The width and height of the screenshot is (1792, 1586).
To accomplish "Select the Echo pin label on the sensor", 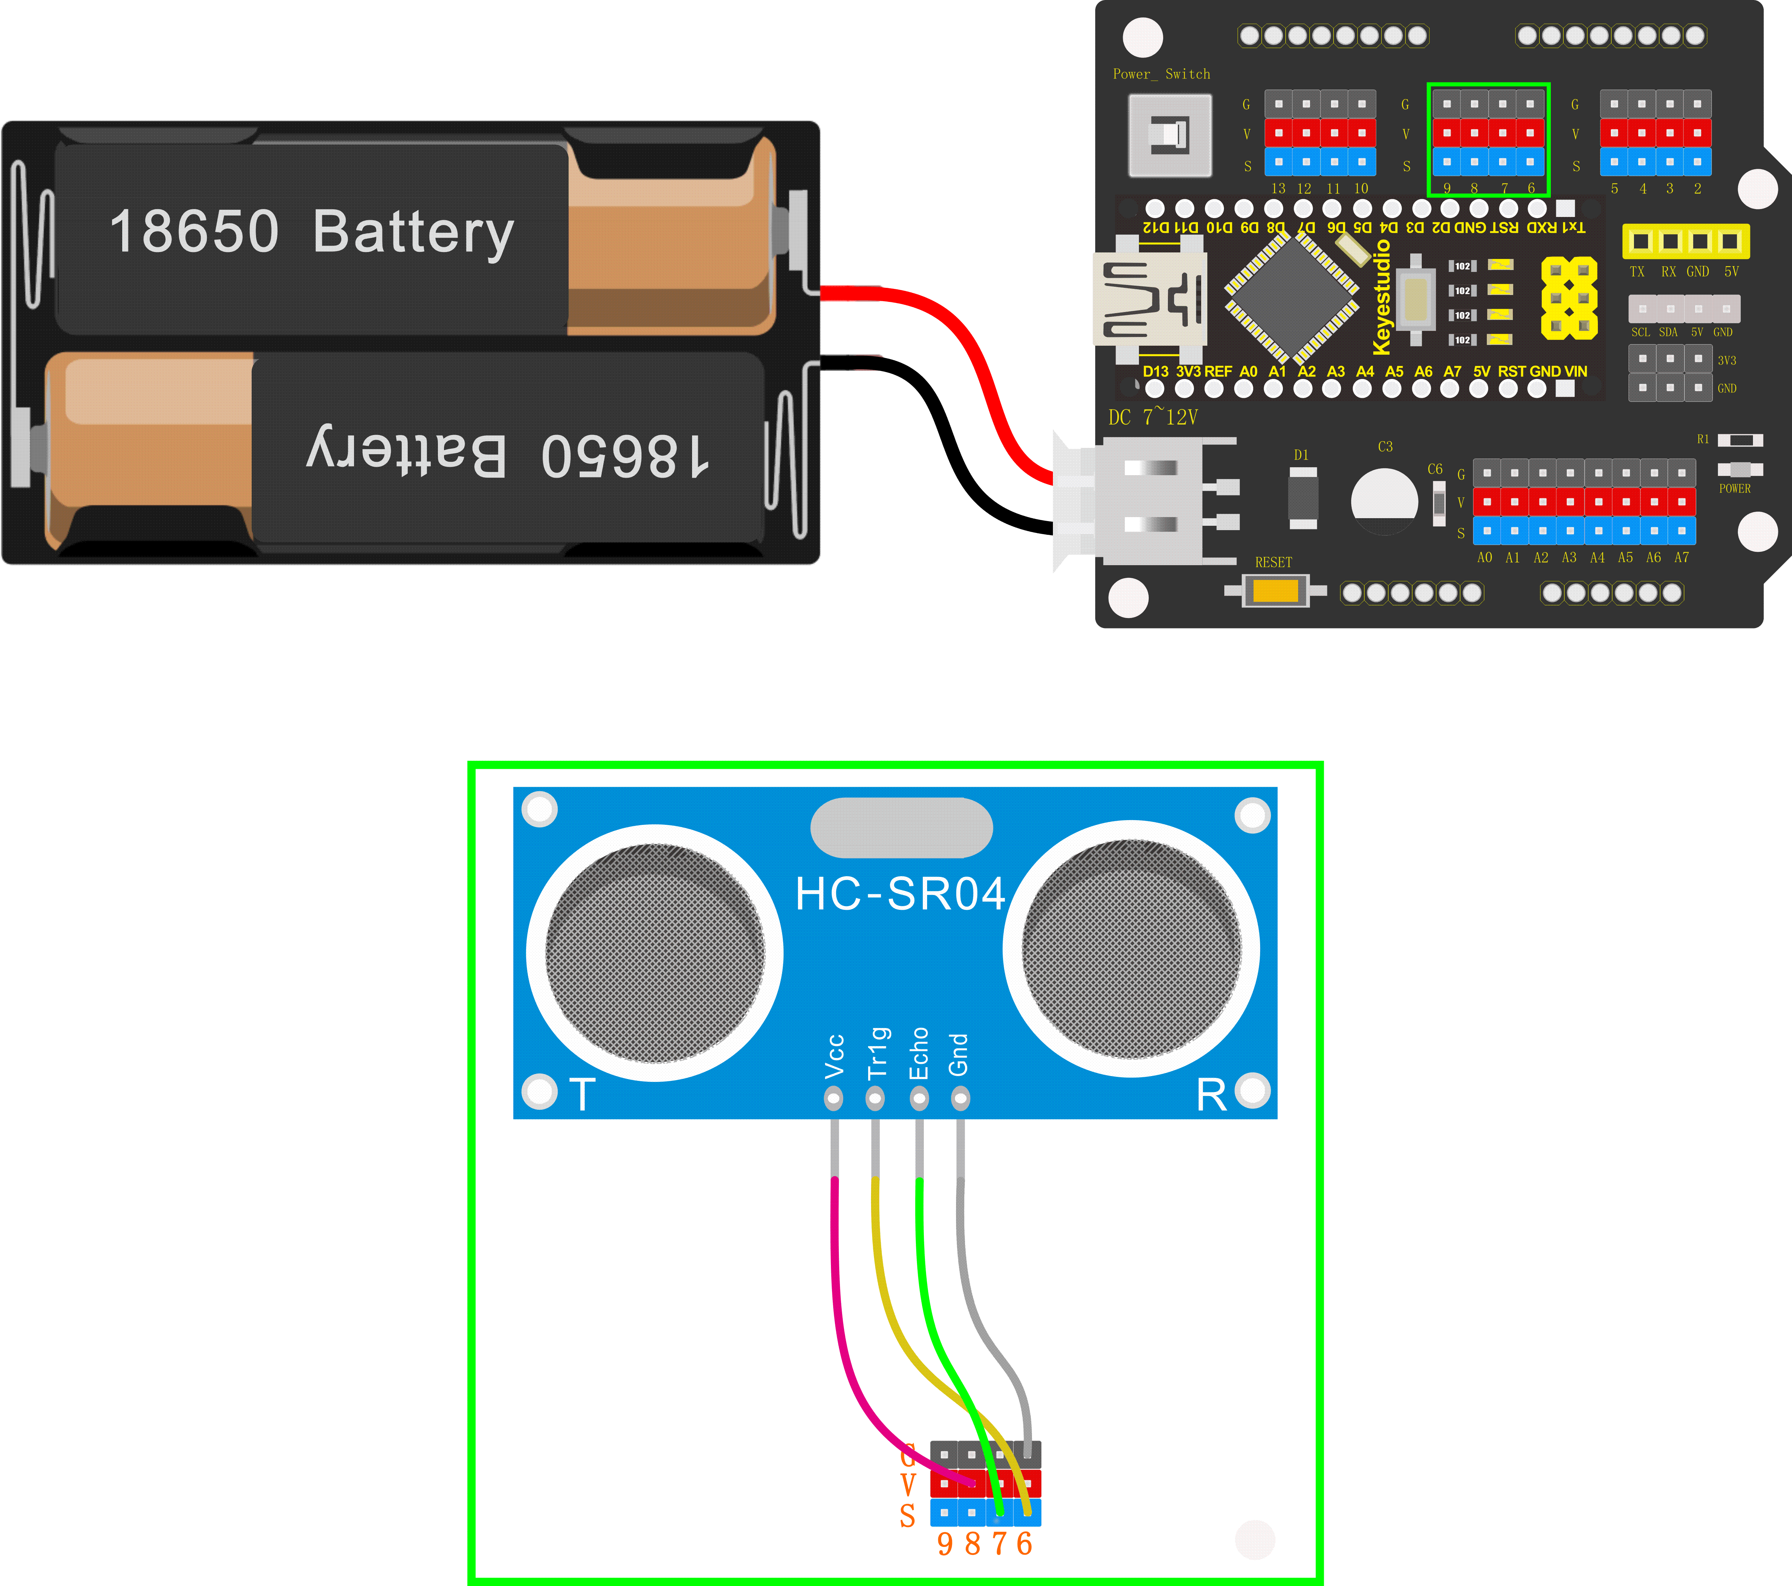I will tap(918, 1054).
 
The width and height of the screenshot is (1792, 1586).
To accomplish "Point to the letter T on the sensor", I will tap(582, 1095).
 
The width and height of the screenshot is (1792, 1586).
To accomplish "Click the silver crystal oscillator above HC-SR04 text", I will tap(901, 828).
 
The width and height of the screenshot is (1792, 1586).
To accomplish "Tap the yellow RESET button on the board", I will tap(1275, 591).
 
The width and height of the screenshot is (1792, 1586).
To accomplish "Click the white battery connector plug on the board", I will tap(1140, 500).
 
